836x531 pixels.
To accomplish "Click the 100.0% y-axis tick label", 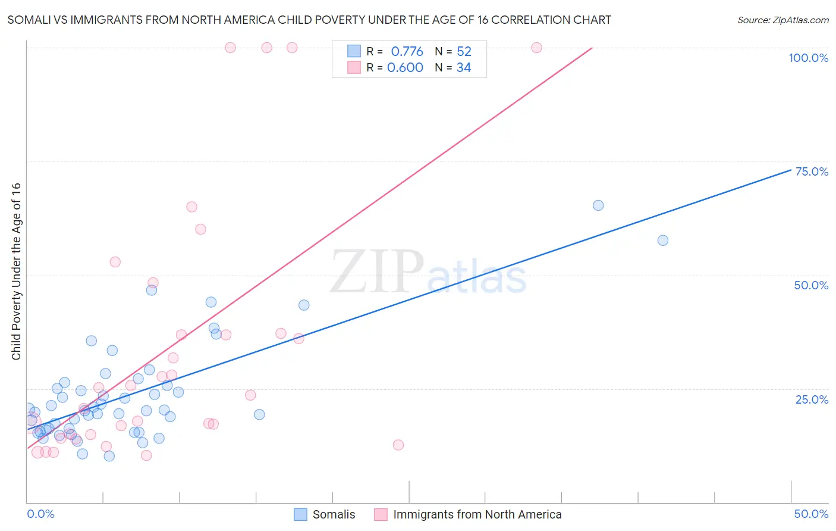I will coord(808,58).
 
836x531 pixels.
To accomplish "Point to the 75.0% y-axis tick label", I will coord(812,171).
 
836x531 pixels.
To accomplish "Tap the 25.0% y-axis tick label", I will coord(812,399).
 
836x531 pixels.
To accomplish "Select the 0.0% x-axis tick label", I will coord(40,514).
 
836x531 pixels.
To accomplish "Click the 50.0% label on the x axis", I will coord(811,514).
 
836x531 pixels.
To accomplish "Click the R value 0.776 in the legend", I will coord(407,52).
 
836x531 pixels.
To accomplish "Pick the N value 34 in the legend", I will coord(463,68).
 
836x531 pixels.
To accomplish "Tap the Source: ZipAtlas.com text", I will coord(782,20).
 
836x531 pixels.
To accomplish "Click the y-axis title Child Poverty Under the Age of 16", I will coord(16,271).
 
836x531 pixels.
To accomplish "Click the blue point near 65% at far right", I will coord(598,205).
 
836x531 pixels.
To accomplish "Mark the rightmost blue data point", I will coord(663,240).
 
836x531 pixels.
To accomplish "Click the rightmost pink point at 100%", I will coord(536,48).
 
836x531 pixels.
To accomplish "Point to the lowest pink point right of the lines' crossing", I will coord(398,445).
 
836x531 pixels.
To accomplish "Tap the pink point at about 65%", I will coord(191,207).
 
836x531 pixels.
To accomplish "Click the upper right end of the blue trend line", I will coord(791,170).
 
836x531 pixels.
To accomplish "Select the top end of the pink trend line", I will coord(593,48).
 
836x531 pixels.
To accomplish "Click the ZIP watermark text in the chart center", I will coord(377,271).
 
